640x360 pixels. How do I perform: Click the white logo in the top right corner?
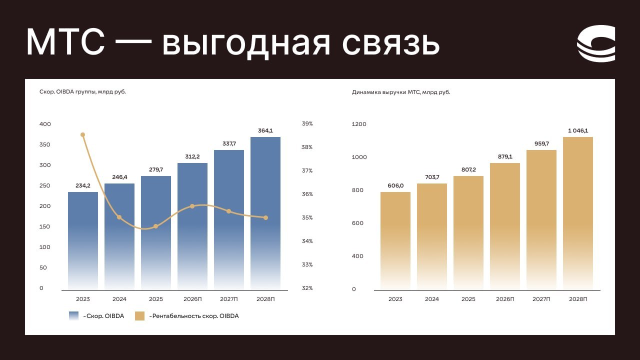coord(595,43)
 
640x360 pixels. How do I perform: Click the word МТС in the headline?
coord(65,42)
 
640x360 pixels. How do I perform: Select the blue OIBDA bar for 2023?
coord(83,240)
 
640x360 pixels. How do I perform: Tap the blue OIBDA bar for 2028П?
coord(265,213)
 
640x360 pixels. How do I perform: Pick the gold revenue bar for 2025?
coord(468,232)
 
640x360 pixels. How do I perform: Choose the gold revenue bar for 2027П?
coord(541,219)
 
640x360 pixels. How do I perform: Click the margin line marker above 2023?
coord(83,135)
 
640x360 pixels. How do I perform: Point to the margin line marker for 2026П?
coord(192,206)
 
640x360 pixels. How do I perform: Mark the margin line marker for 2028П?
coord(265,217)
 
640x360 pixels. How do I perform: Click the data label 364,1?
coord(265,130)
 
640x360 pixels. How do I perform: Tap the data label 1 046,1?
coord(578,130)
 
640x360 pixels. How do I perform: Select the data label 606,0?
coord(395,185)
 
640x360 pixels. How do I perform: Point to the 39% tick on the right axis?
coord(307,123)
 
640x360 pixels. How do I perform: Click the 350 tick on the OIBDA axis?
coord(45,144)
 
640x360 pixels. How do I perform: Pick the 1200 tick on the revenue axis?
coord(359,124)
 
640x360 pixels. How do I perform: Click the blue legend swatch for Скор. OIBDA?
coord(73,316)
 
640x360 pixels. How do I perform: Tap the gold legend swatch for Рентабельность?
coord(139,316)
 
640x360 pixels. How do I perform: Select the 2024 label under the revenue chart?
coord(431,299)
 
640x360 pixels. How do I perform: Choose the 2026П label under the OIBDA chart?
coord(192,299)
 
